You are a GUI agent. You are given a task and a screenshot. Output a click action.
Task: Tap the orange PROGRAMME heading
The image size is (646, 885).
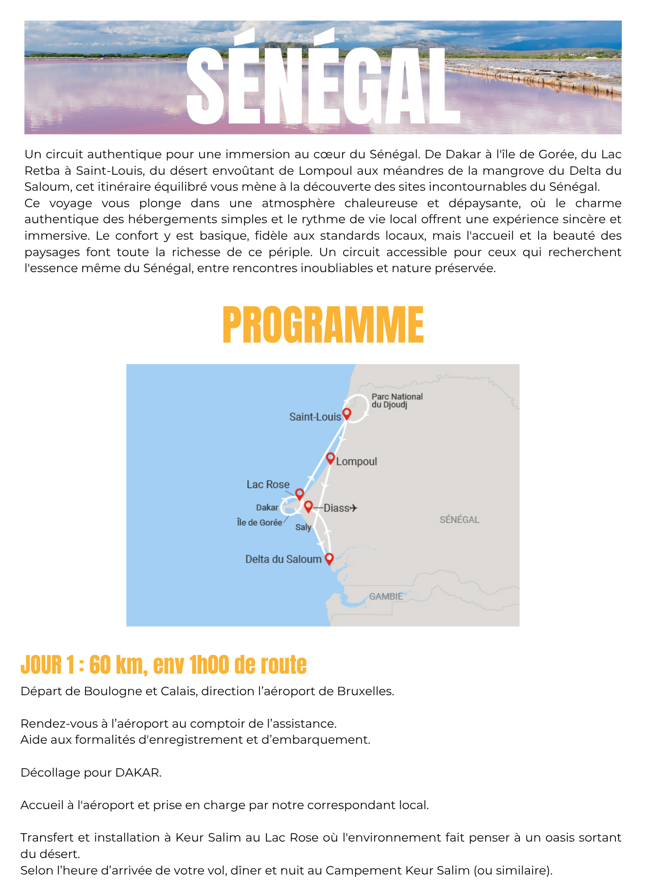(x=323, y=325)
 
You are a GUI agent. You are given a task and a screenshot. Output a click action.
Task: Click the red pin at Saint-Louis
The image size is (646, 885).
(x=347, y=413)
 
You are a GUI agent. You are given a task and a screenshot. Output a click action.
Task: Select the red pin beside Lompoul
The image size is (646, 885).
(x=330, y=458)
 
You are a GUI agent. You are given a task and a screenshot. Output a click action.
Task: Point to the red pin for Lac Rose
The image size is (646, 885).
(x=300, y=493)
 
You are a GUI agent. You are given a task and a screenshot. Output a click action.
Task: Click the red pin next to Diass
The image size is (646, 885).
(x=308, y=506)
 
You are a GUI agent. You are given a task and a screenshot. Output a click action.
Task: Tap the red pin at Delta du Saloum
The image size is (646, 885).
(x=329, y=558)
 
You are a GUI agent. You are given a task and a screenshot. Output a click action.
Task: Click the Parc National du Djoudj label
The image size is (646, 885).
(x=397, y=401)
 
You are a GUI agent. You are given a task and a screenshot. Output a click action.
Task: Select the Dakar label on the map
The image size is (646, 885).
(x=267, y=508)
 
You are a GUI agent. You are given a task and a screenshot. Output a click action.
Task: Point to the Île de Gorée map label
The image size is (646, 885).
(x=259, y=523)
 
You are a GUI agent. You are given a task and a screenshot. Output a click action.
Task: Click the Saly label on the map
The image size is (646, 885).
(x=303, y=527)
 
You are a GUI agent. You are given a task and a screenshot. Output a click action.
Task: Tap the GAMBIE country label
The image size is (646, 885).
(x=386, y=596)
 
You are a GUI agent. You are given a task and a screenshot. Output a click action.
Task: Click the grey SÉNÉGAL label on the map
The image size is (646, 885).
(x=459, y=520)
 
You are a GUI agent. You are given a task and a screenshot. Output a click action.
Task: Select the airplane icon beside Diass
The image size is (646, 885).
(x=353, y=508)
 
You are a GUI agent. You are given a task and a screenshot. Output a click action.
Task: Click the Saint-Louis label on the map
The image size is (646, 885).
(x=315, y=417)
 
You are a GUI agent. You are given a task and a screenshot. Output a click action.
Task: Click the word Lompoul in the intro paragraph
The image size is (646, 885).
(x=325, y=171)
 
